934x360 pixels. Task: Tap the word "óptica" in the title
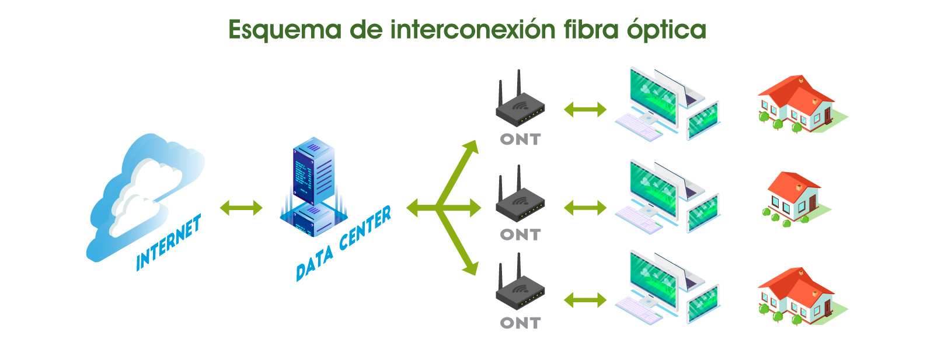(x=667, y=30)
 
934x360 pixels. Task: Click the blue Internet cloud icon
(x=143, y=193)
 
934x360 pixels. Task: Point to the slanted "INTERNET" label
(x=169, y=243)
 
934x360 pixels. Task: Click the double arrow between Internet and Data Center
(x=241, y=207)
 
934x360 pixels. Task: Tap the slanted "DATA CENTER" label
(x=343, y=244)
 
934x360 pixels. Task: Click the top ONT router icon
(x=520, y=105)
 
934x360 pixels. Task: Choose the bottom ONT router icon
(x=520, y=289)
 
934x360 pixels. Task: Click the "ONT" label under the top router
(x=520, y=139)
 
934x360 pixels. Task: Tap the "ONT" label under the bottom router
(x=520, y=323)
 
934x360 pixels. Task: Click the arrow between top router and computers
(x=585, y=109)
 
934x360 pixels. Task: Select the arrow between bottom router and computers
(x=585, y=300)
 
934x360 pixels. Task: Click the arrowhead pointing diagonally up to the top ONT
(x=471, y=147)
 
